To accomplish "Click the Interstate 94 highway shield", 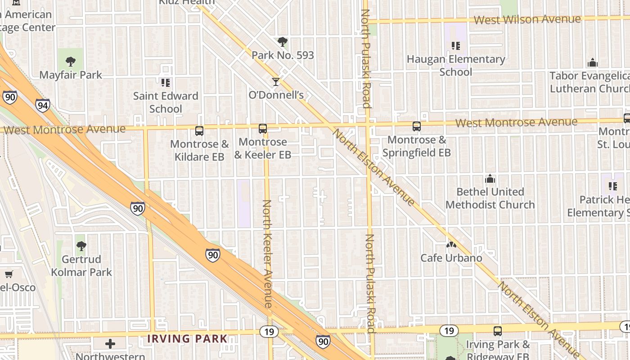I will (43, 106).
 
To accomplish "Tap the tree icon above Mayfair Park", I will (70, 62).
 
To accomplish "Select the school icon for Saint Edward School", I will (166, 83).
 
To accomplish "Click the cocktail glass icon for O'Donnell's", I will (276, 82).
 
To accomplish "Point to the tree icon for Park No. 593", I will (283, 42).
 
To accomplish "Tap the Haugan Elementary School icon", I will (456, 46).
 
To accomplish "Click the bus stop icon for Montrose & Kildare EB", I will (199, 131).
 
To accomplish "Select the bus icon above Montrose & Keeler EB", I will (263, 129).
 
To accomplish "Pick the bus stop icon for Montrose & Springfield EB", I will (417, 126).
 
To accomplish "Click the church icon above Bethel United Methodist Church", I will (490, 179).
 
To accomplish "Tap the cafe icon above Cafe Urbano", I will (451, 245).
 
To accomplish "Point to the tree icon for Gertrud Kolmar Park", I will (81, 246).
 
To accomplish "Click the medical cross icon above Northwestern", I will (110, 344).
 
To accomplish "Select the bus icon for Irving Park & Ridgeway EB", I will (498, 331).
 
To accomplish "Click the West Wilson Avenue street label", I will (527, 20).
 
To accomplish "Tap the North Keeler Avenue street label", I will (267, 254).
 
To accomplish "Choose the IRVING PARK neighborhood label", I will (188, 338).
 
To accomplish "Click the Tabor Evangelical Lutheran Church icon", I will (593, 63).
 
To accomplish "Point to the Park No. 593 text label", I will (283, 55).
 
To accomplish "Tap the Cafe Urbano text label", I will (451, 258).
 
